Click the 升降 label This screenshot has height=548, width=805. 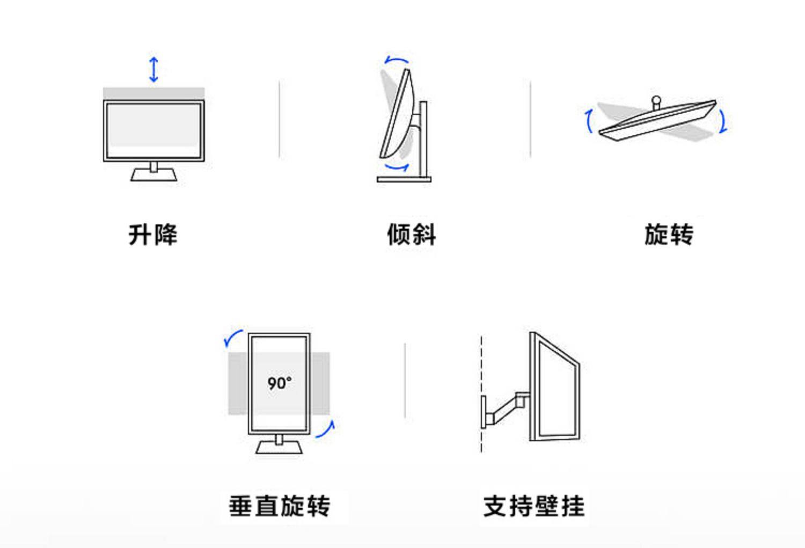[x=153, y=235]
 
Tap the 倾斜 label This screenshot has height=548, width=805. [x=412, y=235]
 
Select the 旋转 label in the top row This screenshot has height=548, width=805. [x=669, y=235]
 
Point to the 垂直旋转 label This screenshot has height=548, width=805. [x=280, y=506]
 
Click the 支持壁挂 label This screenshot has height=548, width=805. [x=534, y=506]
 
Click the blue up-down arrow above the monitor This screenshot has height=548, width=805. [x=154, y=69]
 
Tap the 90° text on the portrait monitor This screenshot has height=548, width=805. [x=280, y=383]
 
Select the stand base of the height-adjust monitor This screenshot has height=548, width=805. [x=154, y=175]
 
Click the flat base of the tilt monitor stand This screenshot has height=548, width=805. [x=404, y=179]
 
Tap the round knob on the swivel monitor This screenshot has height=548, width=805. [x=656, y=100]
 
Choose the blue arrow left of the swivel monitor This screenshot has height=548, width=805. [x=589, y=121]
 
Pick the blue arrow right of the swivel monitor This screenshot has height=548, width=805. [x=723, y=121]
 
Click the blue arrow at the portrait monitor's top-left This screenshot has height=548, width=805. [x=233, y=338]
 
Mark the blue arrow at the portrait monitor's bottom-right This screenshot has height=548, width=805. [x=326, y=429]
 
